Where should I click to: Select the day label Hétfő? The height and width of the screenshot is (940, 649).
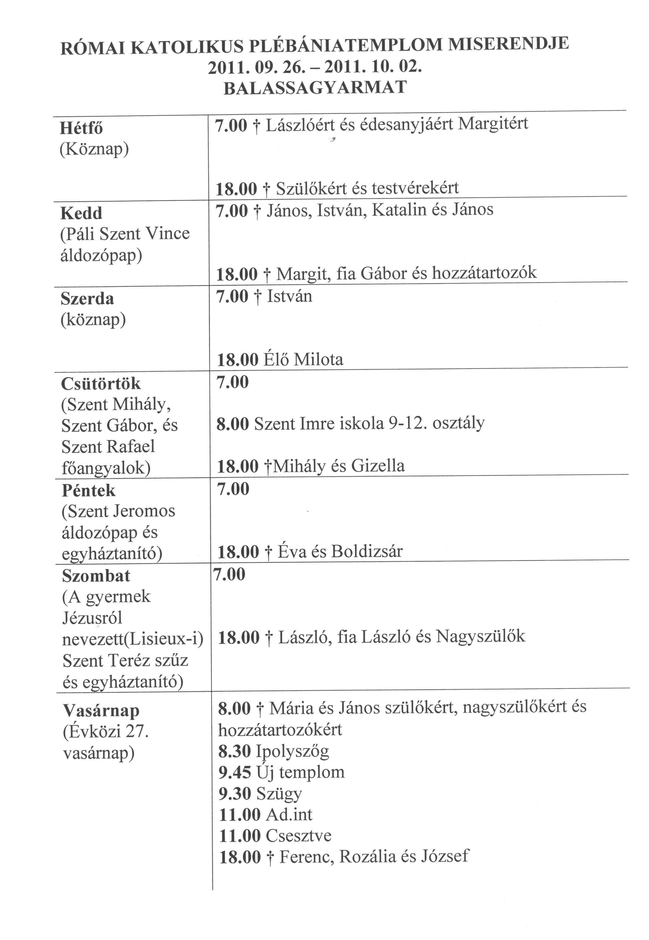(x=81, y=128)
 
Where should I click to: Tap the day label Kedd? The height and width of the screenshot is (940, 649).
(x=81, y=213)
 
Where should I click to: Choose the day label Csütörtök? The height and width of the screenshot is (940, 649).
(x=101, y=384)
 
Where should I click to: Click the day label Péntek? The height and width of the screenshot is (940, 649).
(x=89, y=491)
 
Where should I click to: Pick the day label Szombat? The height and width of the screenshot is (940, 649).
(x=96, y=576)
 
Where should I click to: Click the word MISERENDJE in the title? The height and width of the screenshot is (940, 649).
(x=508, y=44)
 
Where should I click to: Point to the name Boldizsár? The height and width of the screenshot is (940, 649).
(x=367, y=552)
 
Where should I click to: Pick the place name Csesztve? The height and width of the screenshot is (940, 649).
(x=298, y=836)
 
